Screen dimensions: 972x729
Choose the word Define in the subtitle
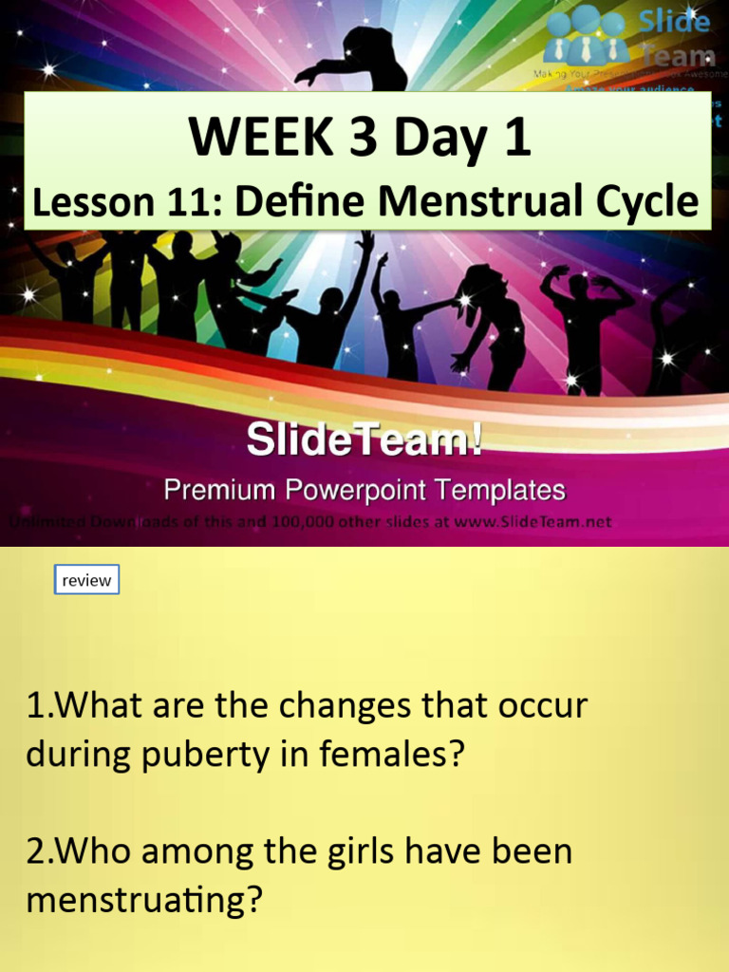[x=290, y=202]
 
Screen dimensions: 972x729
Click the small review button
[x=86, y=580]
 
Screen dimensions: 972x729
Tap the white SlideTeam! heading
[x=364, y=440]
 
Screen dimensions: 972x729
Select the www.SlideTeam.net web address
[x=533, y=521]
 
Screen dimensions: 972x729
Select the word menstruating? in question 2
[x=143, y=900]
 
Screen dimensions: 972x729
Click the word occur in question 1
[x=544, y=707]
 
